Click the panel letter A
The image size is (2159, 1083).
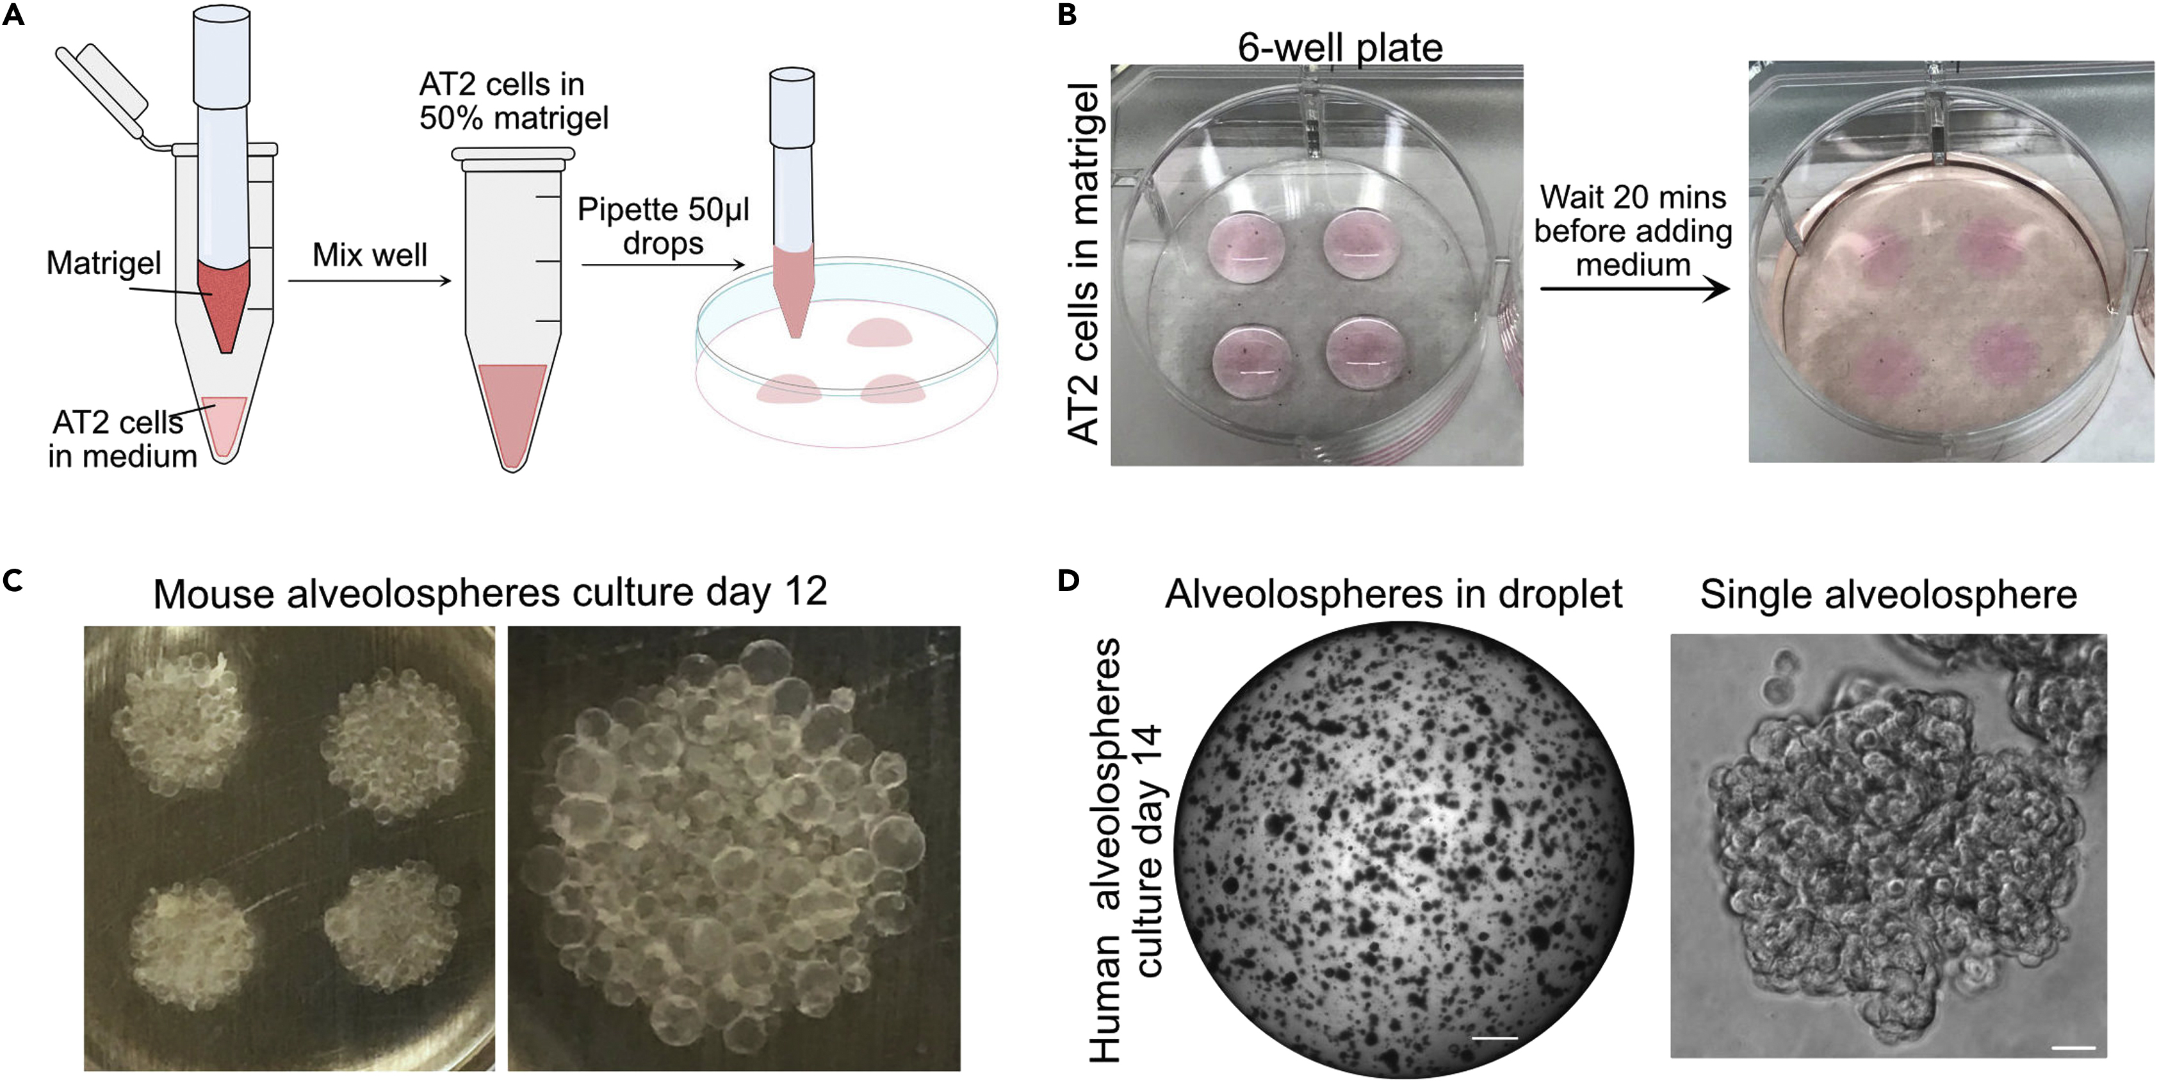[x=13, y=15]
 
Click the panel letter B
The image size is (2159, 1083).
[x=1067, y=15]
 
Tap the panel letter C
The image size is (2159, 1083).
[x=13, y=581]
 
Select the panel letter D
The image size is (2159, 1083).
[x=1068, y=581]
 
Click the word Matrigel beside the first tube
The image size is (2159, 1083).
[x=103, y=263]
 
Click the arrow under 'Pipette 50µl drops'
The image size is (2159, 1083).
[x=662, y=265]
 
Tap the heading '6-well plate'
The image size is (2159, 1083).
[x=1339, y=48]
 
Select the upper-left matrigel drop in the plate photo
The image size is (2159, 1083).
[x=1246, y=247]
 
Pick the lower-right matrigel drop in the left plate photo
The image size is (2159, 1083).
[x=1364, y=352]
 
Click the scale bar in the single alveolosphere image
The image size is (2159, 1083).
[x=2073, y=1047]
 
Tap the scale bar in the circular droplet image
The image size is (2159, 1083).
[x=1494, y=1038]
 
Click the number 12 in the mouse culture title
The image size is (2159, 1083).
[x=806, y=592]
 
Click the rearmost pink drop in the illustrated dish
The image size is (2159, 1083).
[x=878, y=333]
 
